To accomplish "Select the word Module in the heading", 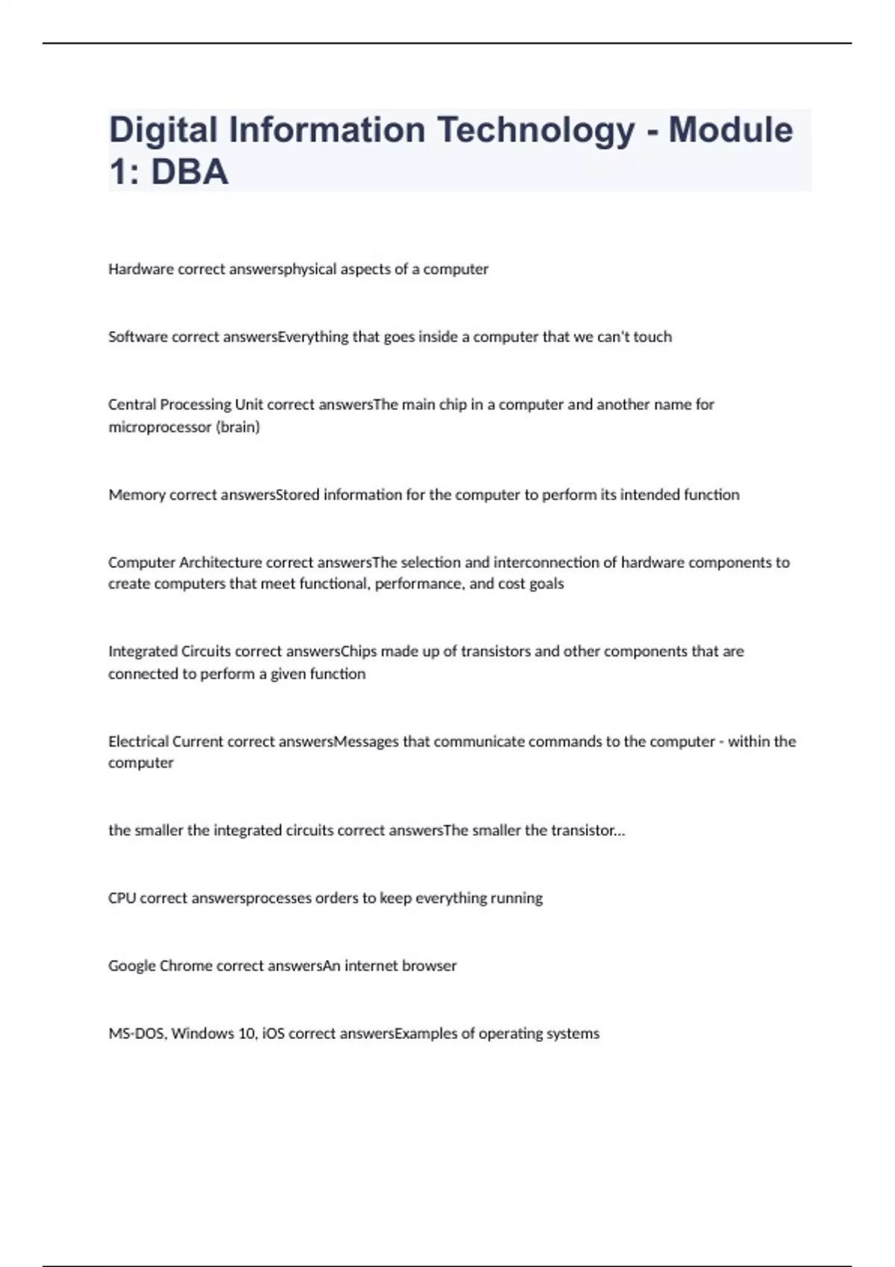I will [x=730, y=130].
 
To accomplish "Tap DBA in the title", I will [x=189, y=172].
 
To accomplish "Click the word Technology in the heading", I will [x=536, y=130].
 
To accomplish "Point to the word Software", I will [x=138, y=337].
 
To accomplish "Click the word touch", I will [x=653, y=337].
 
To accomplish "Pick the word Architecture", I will [x=220, y=563].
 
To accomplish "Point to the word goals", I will [x=546, y=584].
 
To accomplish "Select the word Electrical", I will [x=138, y=742].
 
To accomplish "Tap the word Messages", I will [x=366, y=742].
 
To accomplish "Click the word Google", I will [x=132, y=966].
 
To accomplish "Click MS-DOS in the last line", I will [x=137, y=1034].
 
